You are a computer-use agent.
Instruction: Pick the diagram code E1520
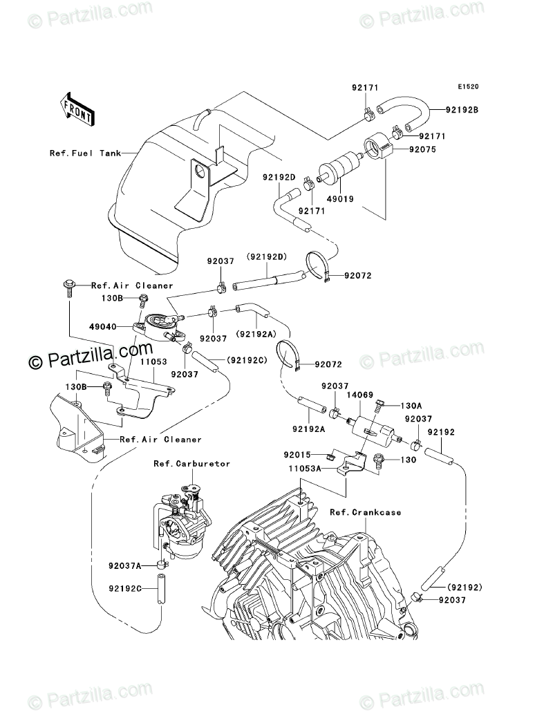[x=467, y=87]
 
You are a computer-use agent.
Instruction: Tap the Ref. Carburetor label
[x=182, y=464]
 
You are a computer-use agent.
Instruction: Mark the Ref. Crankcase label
[x=365, y=512]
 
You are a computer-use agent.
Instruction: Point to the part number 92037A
[x=124, y=565]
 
